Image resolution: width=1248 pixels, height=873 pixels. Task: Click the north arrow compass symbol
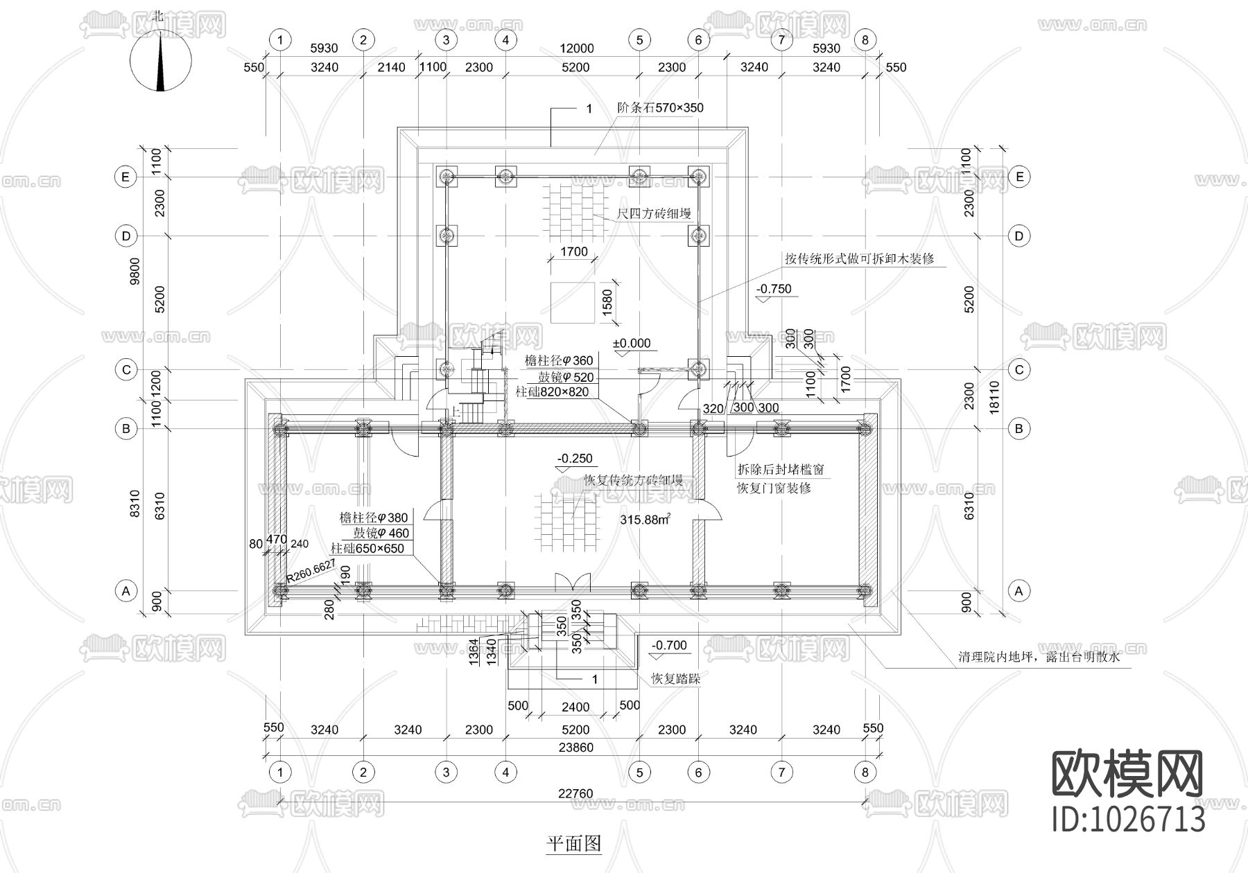coord(161,61)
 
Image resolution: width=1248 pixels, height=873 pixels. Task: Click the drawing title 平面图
coord(573,843)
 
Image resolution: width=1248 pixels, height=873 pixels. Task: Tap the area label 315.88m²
coord(645,520)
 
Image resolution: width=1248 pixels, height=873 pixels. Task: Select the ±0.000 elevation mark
coord(632,344)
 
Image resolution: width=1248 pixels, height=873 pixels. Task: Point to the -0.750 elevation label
coord(774,290)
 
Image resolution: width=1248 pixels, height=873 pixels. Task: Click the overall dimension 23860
coord(575,748)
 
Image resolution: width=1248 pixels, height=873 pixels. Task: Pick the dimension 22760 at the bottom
coord(575,794)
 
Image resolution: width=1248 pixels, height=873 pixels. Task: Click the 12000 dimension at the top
coord(577,48)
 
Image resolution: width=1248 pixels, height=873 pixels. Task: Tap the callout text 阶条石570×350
coord(660,108)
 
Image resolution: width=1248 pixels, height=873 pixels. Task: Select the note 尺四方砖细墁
coord(654,214)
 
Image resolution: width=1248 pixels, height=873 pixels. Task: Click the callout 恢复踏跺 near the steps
coord(675,679)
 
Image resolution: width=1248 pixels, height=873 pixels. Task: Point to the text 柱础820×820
coord(552,392)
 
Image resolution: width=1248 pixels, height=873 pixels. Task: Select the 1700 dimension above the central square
coord(573,252)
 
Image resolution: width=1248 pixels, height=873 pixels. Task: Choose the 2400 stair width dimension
coord(575,707)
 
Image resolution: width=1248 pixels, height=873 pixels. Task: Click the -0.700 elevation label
coord(669,646)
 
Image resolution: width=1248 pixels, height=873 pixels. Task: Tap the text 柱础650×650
coord(367,549)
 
